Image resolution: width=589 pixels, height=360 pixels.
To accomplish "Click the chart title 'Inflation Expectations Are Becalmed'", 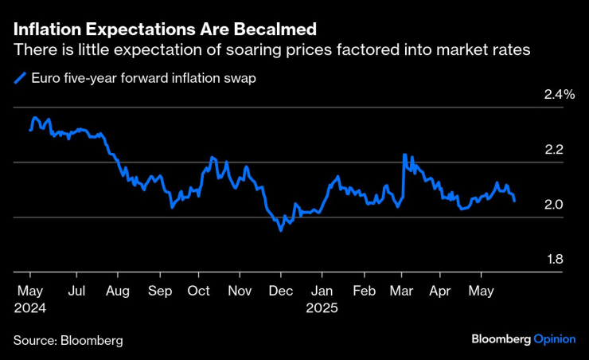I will tap(165, 29).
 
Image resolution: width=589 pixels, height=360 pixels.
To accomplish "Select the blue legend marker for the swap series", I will tap(19, 78).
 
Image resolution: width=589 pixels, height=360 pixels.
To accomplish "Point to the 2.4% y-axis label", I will tap(559, 95).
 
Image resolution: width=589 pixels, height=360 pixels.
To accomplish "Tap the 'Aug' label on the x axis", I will tap(117, 291).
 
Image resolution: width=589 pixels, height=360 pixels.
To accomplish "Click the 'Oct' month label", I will tap(199, 291).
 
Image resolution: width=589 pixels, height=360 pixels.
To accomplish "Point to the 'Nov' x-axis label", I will tap(240, 291).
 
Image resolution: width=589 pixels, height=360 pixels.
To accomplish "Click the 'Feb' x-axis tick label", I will tap(365, 291).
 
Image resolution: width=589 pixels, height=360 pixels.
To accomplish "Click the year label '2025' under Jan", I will tap(322, 307).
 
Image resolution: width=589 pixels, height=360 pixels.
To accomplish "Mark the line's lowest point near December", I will tap(280, 230).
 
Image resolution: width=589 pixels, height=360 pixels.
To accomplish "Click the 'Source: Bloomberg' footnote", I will tap(68, 341).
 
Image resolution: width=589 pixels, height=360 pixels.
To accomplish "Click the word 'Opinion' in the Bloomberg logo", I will tap(554, 339).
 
